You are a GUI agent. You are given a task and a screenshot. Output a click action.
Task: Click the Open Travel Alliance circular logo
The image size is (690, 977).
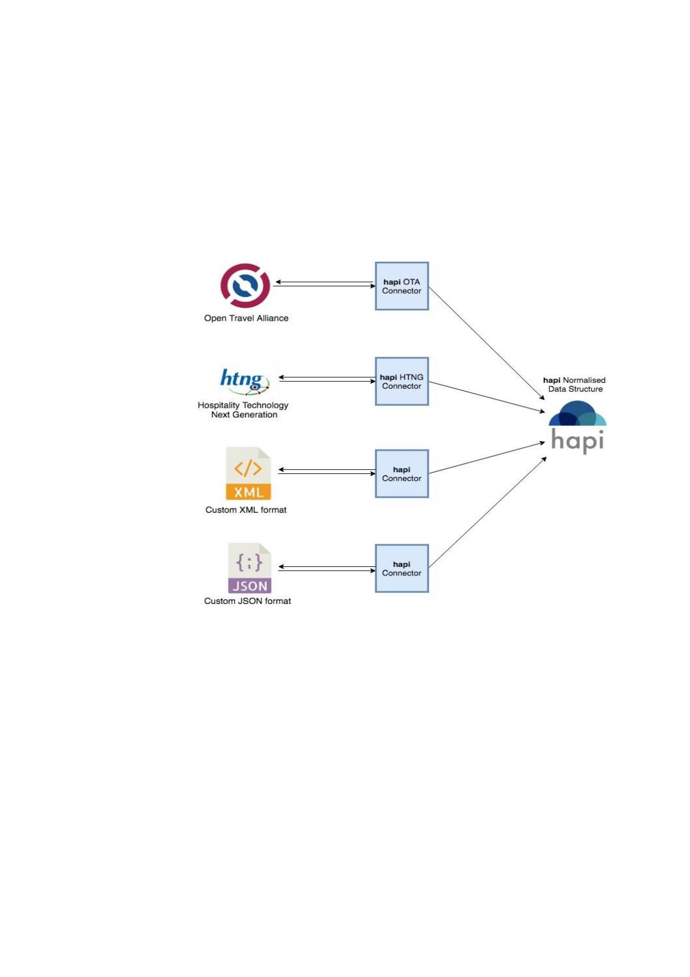coord(245,285)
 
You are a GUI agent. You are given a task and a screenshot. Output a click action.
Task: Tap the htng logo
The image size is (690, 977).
coord(245,381)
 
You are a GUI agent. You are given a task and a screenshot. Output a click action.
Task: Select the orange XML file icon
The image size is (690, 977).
coord(248,473)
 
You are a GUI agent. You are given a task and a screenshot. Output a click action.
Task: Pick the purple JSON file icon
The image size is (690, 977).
coord(249,568)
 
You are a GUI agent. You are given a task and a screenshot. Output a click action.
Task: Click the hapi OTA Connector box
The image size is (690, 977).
coord(401,286)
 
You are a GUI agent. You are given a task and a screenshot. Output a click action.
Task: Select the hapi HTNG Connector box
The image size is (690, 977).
coord(401,381)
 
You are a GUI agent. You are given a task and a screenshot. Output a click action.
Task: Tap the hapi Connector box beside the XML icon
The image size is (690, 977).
coord(401,473)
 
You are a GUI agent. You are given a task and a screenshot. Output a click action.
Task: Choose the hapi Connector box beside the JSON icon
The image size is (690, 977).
coord(401,569)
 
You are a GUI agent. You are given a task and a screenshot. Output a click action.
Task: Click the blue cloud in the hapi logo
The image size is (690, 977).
coord(577,413)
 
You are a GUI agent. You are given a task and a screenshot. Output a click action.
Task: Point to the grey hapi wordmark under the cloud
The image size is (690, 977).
coord(577,440)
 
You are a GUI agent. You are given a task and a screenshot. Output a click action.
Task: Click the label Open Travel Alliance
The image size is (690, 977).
coord(246,319)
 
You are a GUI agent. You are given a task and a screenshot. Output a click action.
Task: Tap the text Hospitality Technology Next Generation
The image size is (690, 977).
coord(243,410)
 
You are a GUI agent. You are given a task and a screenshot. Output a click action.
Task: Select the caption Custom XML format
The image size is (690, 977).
coord(246,510)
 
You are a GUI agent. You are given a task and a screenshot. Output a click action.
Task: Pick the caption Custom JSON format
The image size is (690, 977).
coord(247,601)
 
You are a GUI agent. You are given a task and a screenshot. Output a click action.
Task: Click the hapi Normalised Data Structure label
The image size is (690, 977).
coord(575,385)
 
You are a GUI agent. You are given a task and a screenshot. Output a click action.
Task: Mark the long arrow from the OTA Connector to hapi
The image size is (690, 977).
coord(486,343)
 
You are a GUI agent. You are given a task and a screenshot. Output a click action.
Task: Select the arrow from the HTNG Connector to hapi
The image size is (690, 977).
coord(487,397)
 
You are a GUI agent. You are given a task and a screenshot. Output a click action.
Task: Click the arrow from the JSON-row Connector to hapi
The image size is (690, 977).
coord(487,512)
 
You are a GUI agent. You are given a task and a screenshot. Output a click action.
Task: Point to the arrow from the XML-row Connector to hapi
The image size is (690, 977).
coord(487,458)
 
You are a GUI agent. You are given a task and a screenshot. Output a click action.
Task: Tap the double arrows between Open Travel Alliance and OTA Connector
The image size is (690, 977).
coord(325,284)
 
